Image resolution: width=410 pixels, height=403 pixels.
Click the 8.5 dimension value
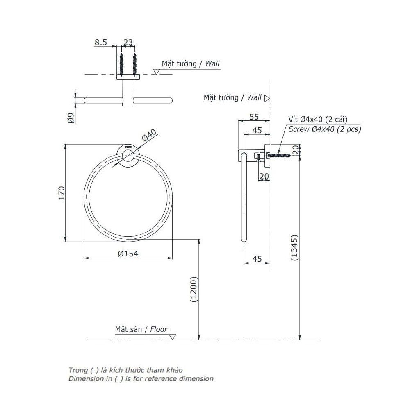(x=101, y=42)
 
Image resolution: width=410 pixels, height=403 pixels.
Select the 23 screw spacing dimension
(x=128, y=42)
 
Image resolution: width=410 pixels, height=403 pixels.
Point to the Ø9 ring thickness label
(x=70, y=118)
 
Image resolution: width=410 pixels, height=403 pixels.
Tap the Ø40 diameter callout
(x=150, y=136)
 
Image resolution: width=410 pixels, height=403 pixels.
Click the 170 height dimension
(x=61, y=192)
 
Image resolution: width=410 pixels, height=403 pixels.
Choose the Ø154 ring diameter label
(x=128, y=254)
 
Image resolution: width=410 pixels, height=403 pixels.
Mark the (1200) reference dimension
(x=194, y=290)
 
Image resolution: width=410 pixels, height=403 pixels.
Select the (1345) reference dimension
(x=294, y=248)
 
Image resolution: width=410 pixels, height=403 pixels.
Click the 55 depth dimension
(x=254, y=117)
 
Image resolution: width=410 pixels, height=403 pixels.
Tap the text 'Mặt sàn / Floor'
(x=141, y=329)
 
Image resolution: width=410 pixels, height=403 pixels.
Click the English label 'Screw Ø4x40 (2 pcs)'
(x=325, y=129)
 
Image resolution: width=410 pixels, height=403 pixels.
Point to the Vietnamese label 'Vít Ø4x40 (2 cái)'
(x=318, y=120)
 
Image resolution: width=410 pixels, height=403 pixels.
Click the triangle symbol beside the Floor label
(x=173, y=337)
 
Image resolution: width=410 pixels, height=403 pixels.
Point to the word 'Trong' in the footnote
(x=78, y=370)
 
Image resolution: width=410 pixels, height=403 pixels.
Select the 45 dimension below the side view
(x=257, y=259)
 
